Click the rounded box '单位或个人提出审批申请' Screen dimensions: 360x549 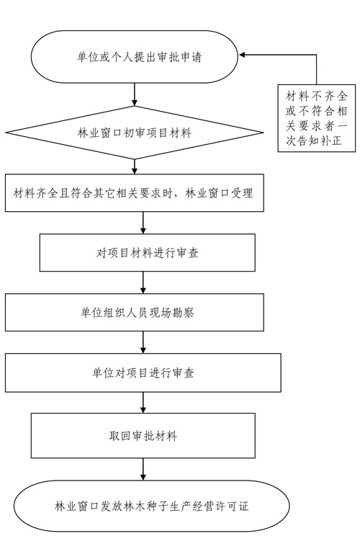pyautogui.click(x=135, y=57)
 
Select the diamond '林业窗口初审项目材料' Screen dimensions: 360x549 pyautogui.click(x=135, y=133)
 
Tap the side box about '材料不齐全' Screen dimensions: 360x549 pyautogui.click(x=317, y=118)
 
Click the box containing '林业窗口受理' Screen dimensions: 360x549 pyautogui.click(x=135, y=193)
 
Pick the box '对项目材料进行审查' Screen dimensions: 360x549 pyautogui.click(x=148, y=252)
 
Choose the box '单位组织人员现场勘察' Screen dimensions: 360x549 pyautogui.click(x=135, y=312)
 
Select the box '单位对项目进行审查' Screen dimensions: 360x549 pyautogui.click(x=143, y=372)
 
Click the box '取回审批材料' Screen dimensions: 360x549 pyautogui.click(x=143, y=436)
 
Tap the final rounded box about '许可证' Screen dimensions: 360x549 pyautogui.click(x=152, y=506)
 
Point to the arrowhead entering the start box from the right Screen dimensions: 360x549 pyautogui.click(x=242, y=55)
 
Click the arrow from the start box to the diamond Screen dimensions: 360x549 pyautogui.click(x=135, y=94)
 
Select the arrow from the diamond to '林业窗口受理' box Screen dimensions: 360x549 pyautogui.click(x=135, y=166)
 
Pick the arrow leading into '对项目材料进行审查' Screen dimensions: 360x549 pyautogui.click(x=143, y=223)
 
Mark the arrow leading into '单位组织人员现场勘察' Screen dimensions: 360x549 pyautogui.click(x=143, y=282)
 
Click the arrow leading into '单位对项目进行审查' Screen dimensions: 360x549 pyautogui.click(x=143, y=342)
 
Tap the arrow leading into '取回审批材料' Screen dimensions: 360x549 pyautogui.click(x=143, y=403)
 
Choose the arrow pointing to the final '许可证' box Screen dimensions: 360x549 pyautogui.click(x=143, y=469)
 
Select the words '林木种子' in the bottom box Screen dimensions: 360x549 pyautogui.click(x=140, y=506)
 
